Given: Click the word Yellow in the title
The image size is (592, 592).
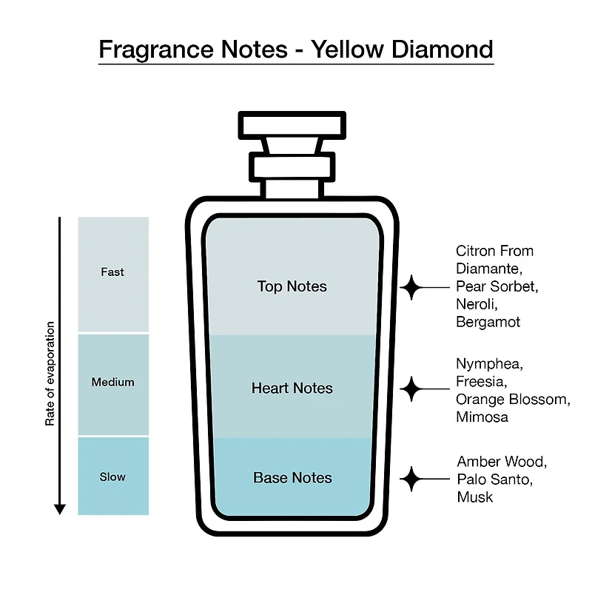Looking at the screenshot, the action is (x=347, y=49).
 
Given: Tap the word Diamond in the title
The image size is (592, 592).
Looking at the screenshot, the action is (x=442, y=49).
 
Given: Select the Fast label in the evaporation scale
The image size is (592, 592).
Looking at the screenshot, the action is (x=112, y=272).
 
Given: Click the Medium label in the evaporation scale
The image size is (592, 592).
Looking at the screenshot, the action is (x=112, y=382).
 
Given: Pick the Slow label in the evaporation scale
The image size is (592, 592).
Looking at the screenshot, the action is (x=112, y=477).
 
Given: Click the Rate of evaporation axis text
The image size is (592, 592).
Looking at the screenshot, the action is (x=50, y=374).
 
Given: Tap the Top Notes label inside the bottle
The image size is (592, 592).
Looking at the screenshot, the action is (x=292, y=286).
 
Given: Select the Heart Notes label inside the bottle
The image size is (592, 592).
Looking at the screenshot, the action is (x=292, y=388).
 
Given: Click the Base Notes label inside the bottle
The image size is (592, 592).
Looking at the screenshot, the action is (x=292, y=477).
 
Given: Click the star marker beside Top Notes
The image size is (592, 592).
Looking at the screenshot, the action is (x=411, y=287).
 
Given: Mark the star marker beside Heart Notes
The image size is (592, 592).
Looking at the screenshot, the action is (x=411, y=389).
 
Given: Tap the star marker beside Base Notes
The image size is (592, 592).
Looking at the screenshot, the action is (x=411, y=479).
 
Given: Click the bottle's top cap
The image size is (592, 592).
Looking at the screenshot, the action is (x=292, y=125).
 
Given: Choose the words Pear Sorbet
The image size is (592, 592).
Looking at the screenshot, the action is (x=497, y=286).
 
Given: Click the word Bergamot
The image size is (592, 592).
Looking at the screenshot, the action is (x=488, y=322).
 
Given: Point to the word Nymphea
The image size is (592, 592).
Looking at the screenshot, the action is (x=489, y=364).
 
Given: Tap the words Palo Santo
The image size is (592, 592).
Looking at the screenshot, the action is (x=494, y=480).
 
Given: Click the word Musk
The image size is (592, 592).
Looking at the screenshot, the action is (x=475, y=497).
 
